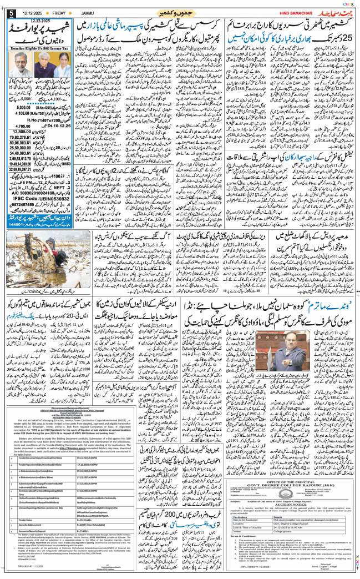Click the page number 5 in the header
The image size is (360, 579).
point(11,13)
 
